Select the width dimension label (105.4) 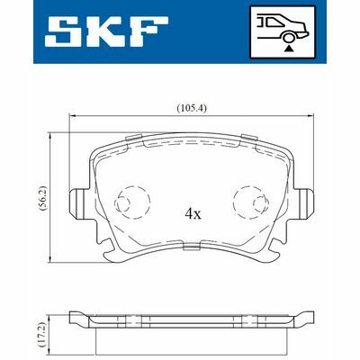click(x=192, y=108)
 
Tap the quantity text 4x click(x=192, y=214)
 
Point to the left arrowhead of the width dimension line click(x=73, y=117)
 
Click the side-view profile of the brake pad click(x=192, y=324)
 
